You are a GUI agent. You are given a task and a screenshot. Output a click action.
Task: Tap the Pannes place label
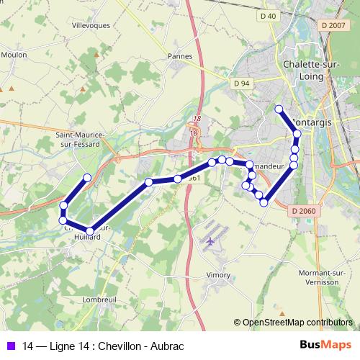[179, 55]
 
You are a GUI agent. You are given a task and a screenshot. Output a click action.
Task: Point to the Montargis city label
[312, 123]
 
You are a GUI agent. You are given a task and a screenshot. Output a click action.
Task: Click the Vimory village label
[217, 274]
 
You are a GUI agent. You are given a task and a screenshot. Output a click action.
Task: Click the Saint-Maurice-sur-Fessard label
[81, 139]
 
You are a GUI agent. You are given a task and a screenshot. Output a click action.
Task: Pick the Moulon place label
[14, 53]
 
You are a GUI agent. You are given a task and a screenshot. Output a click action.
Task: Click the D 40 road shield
[269, 16]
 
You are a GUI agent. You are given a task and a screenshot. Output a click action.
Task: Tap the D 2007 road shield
[334, 25]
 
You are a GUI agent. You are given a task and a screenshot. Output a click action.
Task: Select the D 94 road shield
[241, 84]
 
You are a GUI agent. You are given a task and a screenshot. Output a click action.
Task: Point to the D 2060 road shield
[305, 210]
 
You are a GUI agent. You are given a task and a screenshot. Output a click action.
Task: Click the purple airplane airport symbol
[210, 242]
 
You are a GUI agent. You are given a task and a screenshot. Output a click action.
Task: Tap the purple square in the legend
[10, 346]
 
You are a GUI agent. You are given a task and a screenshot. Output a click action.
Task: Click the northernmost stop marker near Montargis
[279, 109]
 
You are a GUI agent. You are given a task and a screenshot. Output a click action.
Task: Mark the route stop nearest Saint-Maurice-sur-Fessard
[87, 177]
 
